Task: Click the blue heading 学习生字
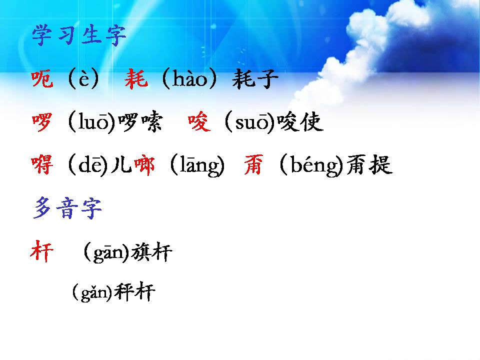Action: point(79,36)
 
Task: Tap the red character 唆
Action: point(199,122)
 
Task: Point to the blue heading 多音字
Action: point(68,209)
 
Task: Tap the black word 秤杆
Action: point(134,292)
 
